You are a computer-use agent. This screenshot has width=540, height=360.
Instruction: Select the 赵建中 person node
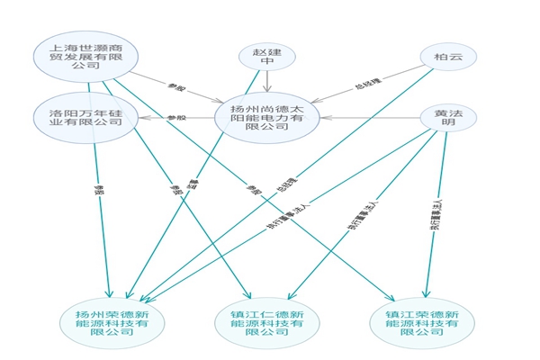[265, 58]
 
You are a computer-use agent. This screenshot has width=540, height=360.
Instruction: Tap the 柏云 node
[447, 58]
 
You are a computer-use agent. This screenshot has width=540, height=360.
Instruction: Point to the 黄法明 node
[447, 118]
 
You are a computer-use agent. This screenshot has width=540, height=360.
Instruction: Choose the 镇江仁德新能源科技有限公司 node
[265, 321]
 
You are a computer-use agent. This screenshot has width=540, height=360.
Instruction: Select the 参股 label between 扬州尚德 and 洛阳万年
[177, 117]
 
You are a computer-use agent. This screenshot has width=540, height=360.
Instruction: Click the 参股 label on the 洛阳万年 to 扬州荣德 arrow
[99, 191]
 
